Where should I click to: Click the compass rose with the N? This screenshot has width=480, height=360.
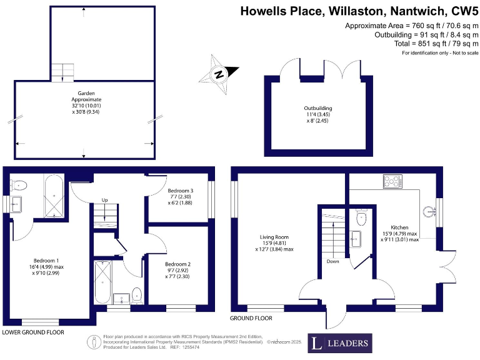[218, 74]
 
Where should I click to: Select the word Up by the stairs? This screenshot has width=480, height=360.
[105, 200]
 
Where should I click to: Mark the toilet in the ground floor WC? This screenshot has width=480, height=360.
[361, 218]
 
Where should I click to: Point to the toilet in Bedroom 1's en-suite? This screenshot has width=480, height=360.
[19, 184]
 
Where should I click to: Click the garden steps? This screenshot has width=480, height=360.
[62, 72]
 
